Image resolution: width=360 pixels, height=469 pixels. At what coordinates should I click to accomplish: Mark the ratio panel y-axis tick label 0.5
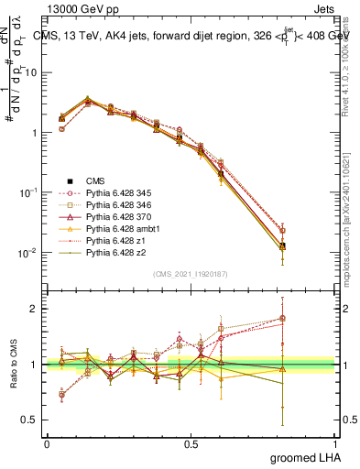[x=29, y=421]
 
